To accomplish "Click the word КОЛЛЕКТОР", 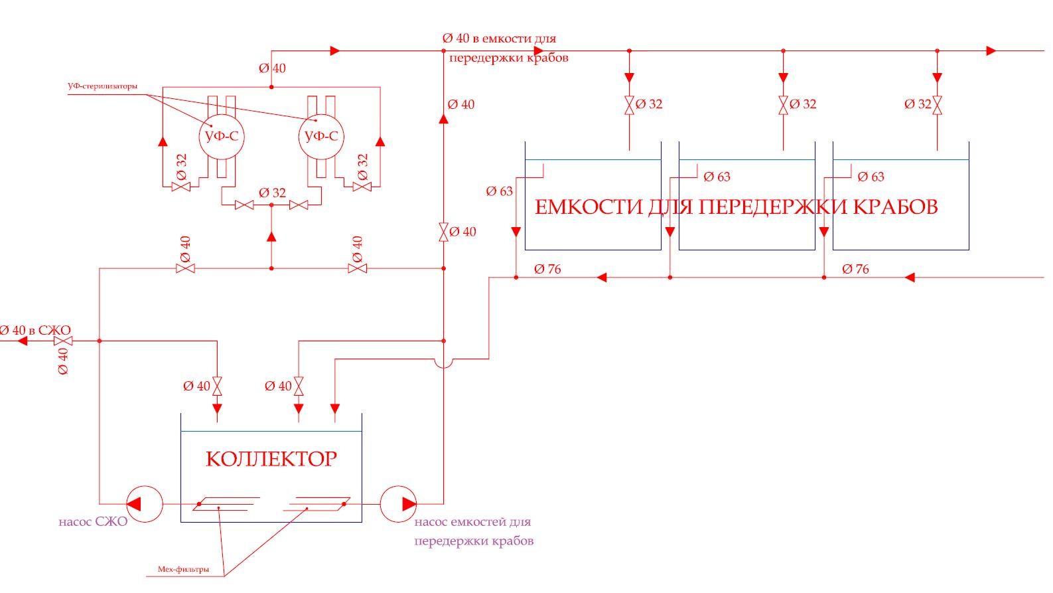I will tap(271, 459).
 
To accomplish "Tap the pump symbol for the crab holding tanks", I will tap(399, 504).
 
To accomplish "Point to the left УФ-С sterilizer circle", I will tap(221, 137).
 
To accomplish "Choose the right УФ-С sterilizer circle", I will tap(321, 137).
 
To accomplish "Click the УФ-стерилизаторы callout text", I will tap(103, 86).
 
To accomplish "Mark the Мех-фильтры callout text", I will tap(183, 569).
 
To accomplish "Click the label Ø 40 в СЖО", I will tap(35, 330).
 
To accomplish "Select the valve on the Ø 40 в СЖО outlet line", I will tap(63, 341).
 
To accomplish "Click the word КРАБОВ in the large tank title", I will tap(894, 207).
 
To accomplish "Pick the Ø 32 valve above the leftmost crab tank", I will tap(629, 105).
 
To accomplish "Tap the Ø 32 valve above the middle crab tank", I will tap(783, 105).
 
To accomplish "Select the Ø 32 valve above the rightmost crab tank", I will tap(937, 105).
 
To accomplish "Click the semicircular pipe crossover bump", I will tap(444, 363).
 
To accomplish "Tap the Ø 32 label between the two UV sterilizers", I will tap(272, 193).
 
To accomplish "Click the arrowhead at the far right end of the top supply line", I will tap(991, 50).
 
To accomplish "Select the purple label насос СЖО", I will tap(93, 522).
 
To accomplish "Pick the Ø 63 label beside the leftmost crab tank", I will tap(500, 191).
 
